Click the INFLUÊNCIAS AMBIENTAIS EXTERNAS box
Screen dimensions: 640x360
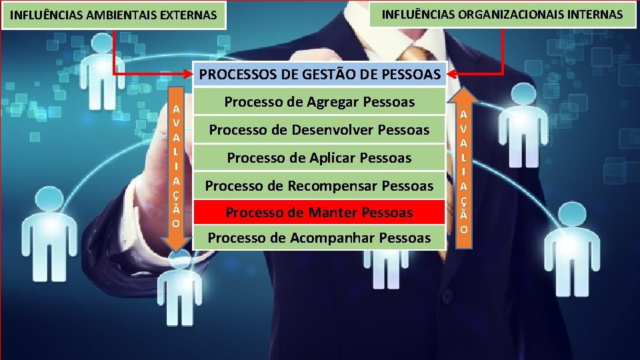click(x=114, y=15)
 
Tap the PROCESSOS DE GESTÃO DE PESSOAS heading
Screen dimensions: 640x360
click(x=320, y=74)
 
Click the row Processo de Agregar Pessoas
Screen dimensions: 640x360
click(x=319, y=102)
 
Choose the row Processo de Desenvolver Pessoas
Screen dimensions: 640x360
click(x=319, y=129)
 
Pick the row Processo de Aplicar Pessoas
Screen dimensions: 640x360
click(x=319, y=158)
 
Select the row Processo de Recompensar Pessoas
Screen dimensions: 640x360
click(x=319, y=185)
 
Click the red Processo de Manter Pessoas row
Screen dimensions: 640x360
click(x=319, y=213)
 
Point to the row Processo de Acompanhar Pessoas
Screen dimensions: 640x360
click(x=319, y=237)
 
